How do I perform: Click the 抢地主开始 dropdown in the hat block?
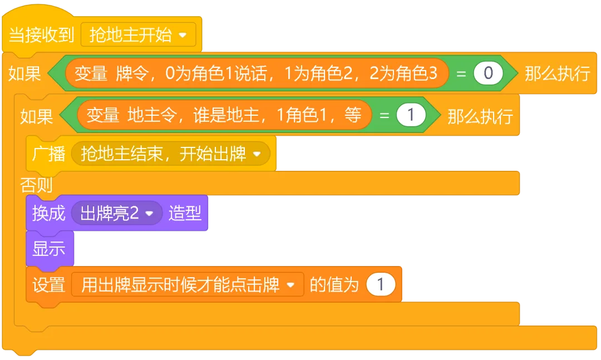pyautogui.click(x=139, y=36)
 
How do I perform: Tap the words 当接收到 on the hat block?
pyautogui.click(x=42, y=36)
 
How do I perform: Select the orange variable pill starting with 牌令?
pyautogui.click(x=257, y=73)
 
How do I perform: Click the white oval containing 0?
pyautogui.click(x=488, y=73)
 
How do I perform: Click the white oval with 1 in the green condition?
pyautogui.click(x=411, y=115)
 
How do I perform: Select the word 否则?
pyautogui.click(x=36, y=184)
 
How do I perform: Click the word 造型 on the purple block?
pyautogui.click(x=185, y=213)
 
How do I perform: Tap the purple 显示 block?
pyautogui.click(x=49, y=249)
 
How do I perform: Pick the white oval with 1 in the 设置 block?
pyautogui.click(x=381, y=285)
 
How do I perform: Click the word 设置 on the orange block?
pyautogui.click(x=48, y=285)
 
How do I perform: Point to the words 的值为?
pyautogui.click(x=334, y=285)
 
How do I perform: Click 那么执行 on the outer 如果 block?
pyautogui.click(x=557, y=73)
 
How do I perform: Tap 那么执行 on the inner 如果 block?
pyautogui.click(x=480, y=115)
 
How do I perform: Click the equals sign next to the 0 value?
pyautogui.click(x=461, y=73)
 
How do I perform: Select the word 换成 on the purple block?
pyautogui.click(x=48, y=213)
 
